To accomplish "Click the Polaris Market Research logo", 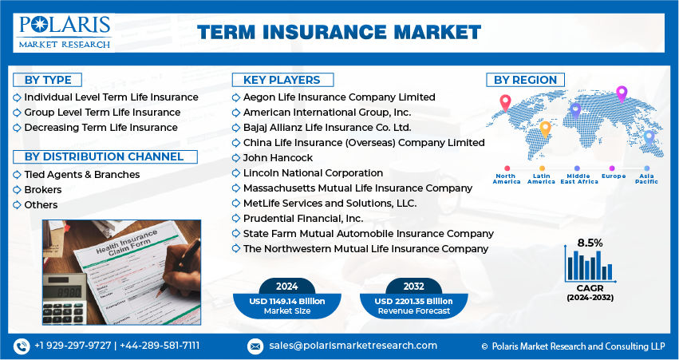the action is [64, 33].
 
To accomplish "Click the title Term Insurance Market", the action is [339, 33].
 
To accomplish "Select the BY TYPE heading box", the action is [48, 80].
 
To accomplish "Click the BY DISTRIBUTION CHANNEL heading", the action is [105, 156].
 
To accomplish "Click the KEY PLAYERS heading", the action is [282, 80].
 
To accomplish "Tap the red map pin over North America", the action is [505, 103].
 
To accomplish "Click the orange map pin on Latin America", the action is [545, 129].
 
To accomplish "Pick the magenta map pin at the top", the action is [622, 94].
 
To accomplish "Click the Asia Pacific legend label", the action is [646, 179].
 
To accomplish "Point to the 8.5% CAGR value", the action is [590, 243].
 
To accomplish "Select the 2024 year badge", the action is [286, 287].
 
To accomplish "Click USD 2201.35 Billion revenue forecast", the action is [413, 301].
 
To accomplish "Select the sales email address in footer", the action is [353, 346].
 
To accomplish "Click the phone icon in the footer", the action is [22, 346].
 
